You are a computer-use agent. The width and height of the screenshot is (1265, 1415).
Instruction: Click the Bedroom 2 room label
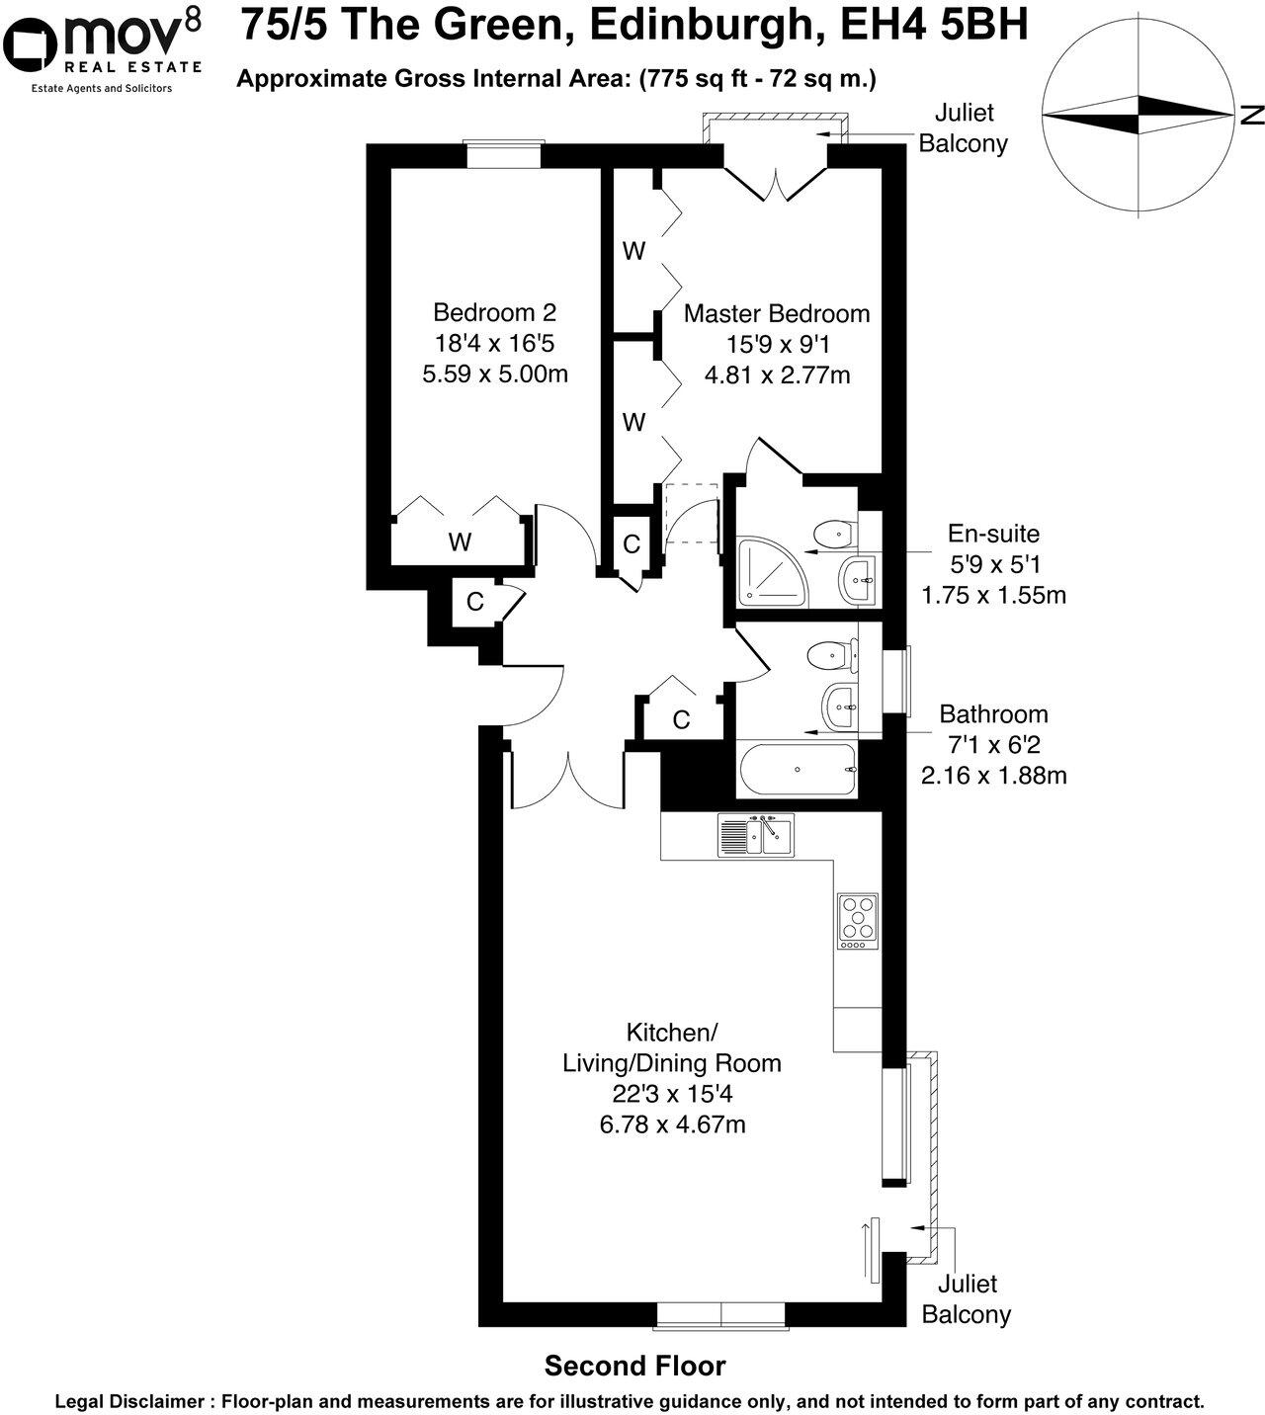(494, 313)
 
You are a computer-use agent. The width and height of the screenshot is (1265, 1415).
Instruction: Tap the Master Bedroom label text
(777, 314)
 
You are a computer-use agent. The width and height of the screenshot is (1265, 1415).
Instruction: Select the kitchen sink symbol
(756, 836)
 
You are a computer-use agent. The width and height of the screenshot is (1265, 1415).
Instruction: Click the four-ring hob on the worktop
(858, 921)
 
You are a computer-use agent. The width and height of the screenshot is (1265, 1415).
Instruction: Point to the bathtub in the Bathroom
(798, 770)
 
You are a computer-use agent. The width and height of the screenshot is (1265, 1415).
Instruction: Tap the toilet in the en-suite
(831, 535)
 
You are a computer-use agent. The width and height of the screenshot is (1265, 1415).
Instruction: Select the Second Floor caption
(635, 1367)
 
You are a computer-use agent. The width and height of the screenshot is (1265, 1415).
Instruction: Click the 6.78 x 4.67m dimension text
(671, 1124)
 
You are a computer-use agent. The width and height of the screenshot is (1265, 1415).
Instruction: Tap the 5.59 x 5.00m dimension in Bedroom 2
(494, 375)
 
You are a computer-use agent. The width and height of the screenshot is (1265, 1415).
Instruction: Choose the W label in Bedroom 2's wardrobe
(460, 541)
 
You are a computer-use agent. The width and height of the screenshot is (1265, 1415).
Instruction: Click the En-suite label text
(993, 535)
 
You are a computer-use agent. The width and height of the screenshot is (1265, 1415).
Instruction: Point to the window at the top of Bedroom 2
(504, 155)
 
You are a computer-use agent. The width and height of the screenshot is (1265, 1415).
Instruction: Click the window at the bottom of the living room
(721, 1314)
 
